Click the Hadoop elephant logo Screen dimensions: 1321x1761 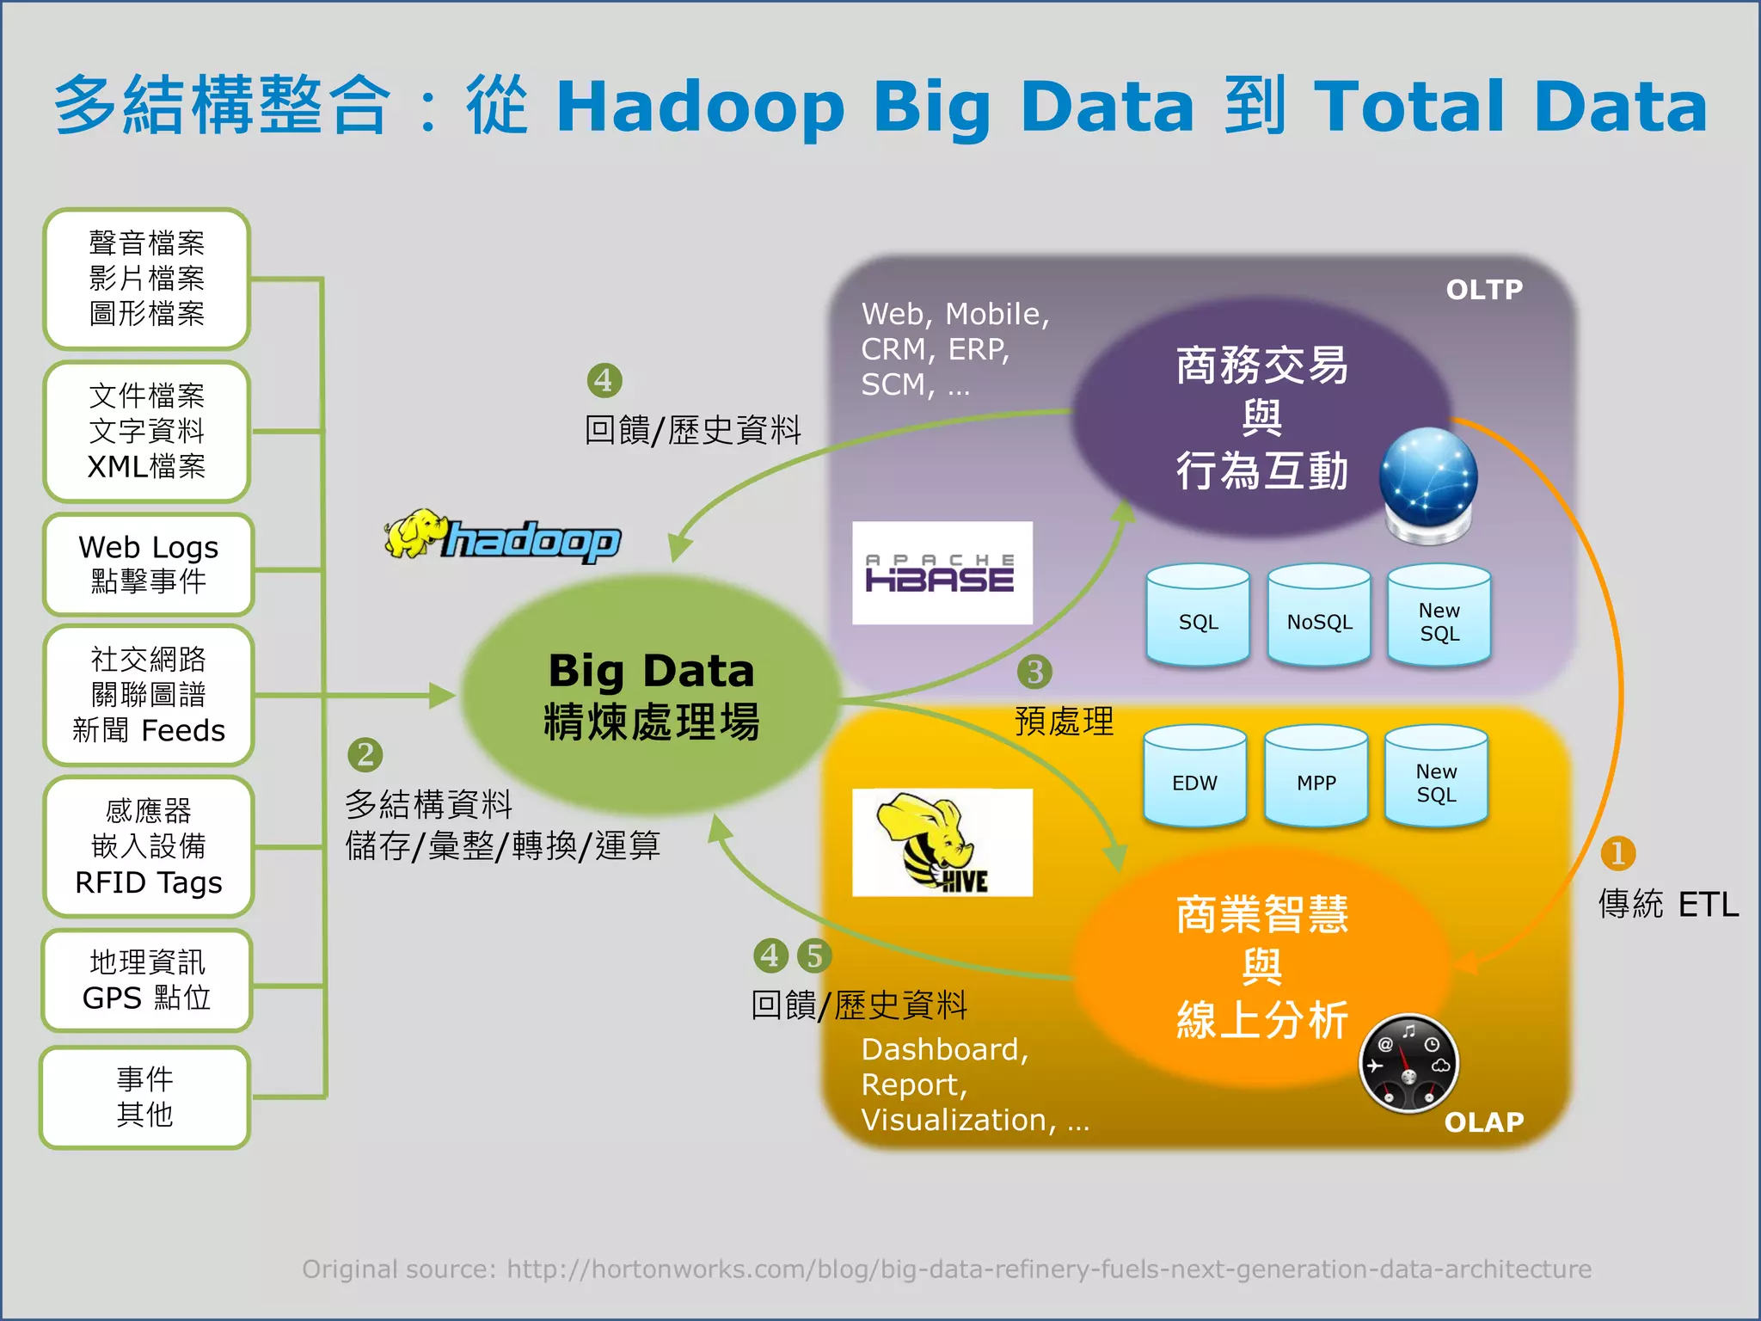[x=503, y=537]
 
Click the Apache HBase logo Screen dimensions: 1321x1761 [x=942, y=573]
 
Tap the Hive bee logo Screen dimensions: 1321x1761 [x=942, y=842]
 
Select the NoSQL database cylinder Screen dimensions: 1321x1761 [x=1319, y=616]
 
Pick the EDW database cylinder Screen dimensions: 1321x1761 [x=1194, y=777]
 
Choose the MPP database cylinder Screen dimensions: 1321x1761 [x=1316, y=777]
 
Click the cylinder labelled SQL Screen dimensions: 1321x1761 [x=1198, y=616]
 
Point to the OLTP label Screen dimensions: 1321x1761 [x=1483, y=290]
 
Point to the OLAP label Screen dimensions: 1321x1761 [x=1483, y=1121]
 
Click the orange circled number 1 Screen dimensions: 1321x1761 [x=1617, y=853]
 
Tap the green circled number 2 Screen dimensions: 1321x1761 [x=365, y=754]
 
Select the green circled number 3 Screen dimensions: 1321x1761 [x=1034, y=672]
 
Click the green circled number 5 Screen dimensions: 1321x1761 [x=813, y=955]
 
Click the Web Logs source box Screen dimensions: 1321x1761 [x=148, y=564]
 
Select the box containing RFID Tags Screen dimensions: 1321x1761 [x=148, y=847]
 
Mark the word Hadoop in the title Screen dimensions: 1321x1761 [x=700, y=107]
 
